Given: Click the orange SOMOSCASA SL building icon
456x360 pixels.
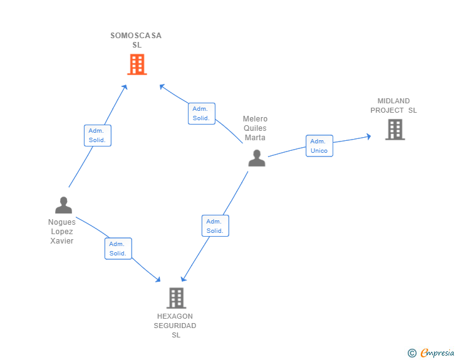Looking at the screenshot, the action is tap(137, 64).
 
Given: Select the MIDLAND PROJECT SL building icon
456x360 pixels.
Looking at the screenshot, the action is tap(395, 130).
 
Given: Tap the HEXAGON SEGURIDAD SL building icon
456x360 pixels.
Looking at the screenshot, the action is tap(176, 298).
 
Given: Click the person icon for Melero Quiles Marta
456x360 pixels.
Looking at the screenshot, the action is tap(257, 158).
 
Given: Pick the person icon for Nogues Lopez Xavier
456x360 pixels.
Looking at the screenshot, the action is tap(63, 205).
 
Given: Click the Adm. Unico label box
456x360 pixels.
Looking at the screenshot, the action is tap(319, 146).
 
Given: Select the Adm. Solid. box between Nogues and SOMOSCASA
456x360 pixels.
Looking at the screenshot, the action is tap(98, 135).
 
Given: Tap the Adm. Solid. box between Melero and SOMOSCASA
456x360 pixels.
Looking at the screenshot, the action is tap(202, 113).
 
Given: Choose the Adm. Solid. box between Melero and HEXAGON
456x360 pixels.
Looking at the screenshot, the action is tap(215, 225).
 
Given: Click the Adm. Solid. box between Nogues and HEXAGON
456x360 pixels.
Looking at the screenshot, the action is tap(118, 249).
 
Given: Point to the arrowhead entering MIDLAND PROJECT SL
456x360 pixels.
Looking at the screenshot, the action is tap(369, 136).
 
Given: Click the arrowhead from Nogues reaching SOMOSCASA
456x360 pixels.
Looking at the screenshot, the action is tap(125, 87).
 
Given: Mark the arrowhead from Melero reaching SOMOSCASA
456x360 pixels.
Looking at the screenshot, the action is tap(162, 86).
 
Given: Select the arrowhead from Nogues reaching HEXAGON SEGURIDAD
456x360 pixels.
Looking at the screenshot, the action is tap(158, 279).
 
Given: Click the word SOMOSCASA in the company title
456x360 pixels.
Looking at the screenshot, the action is tap(136, 36).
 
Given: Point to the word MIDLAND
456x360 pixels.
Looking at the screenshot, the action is tap(393, 101).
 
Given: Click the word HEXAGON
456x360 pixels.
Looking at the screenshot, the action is tap(175, 316).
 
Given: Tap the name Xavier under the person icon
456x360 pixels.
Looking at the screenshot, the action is tap(61, 241).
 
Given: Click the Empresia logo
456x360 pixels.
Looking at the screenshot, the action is tap(431, 352).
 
